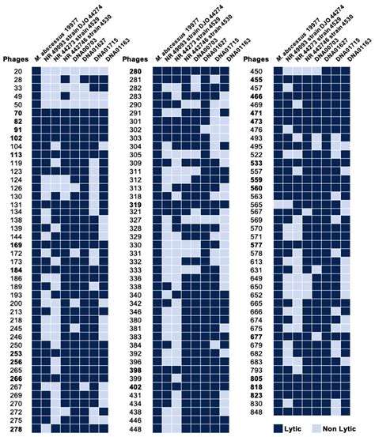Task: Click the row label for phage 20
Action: click(17, 71)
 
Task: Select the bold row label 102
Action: click(16, 138)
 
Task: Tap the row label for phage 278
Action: click(16, 429)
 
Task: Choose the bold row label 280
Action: click(135, 71)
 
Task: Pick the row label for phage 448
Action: click(135, 429)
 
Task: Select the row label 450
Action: click(256, 71)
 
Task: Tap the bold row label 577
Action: click(256, 245)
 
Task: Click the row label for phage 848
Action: click(256, 412)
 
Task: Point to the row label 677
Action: click(256, 336)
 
